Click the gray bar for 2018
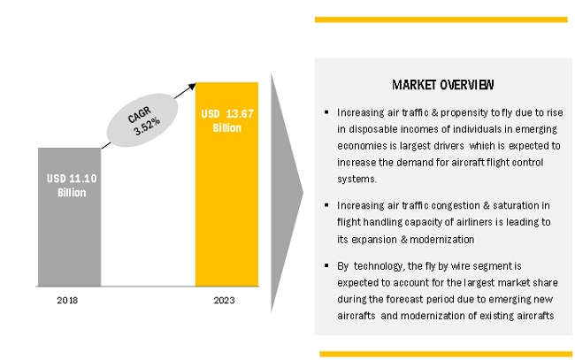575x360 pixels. point(69,217)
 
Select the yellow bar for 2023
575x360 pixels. point(226,184)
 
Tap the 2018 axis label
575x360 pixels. point(67,301)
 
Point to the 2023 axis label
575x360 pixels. point(224,301)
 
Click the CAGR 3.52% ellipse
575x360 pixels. point(142,120)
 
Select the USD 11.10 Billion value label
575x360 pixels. point(72,186)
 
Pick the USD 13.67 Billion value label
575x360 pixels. point(227,120)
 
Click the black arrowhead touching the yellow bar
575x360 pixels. point(192,87)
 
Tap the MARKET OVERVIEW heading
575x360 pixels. point(443,85)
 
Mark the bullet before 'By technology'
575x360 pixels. point(326,265)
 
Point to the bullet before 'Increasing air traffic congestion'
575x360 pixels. point(326,205)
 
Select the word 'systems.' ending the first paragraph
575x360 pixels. point(356,180)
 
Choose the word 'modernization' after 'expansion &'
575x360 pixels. point(442,240)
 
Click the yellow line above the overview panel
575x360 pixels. point(441,19)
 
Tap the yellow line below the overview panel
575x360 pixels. point(446,354)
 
